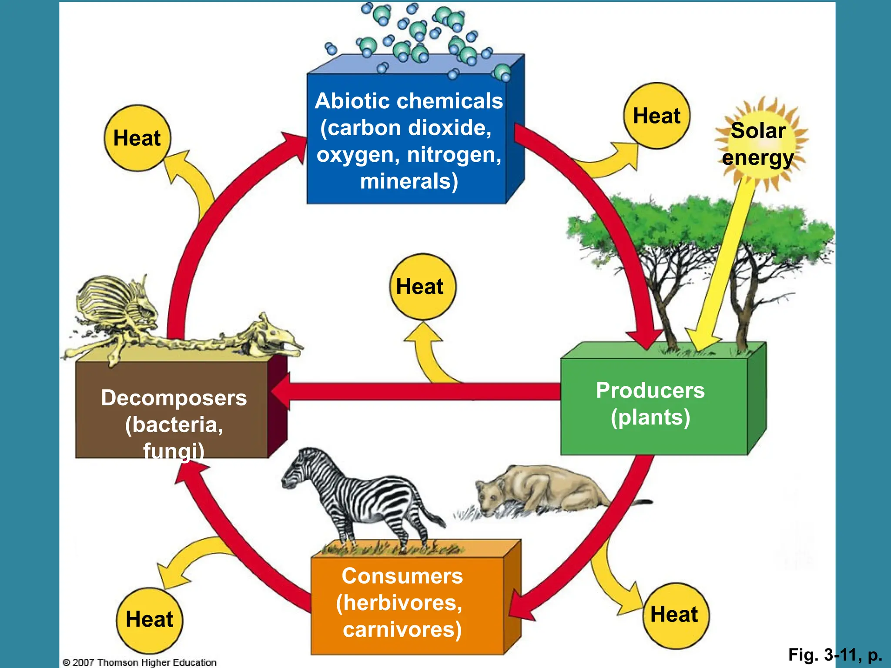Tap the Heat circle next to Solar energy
coord(657,116)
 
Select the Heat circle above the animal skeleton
coord(137,138)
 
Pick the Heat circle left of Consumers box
coord(149,619)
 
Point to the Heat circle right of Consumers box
coord(675,615)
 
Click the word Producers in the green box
coord(650,390)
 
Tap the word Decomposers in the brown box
coord(174,397)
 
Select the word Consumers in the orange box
coord(402,576)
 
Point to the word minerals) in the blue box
coord(409,181)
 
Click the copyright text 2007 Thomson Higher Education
coord(140,662)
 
